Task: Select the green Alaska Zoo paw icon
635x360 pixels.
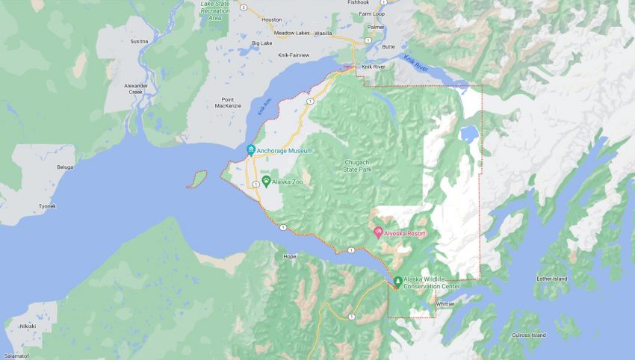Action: (x=265, y=181)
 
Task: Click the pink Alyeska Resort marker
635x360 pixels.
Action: (x=379, y=233)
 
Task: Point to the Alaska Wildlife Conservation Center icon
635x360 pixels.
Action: (x=397, y=281)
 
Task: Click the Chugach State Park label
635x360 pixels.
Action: (x=362, y=165)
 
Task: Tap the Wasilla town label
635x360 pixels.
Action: (x=323, y=34)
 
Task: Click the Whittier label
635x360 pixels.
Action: (x=444, y=304)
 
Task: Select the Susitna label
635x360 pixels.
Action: (x=140, y=42)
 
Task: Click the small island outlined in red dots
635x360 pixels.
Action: (x=198, y=179)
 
